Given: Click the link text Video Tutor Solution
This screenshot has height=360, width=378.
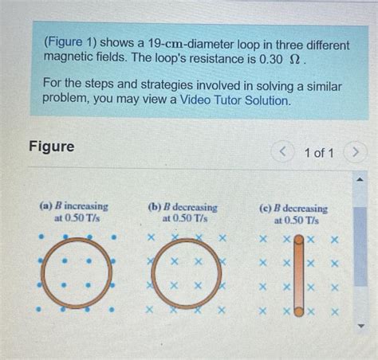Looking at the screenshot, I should [x=234, y=101].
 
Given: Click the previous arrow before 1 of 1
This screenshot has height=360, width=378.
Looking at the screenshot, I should [x=281, y=152].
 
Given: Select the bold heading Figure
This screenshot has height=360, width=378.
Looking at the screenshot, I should [x=51, y=147].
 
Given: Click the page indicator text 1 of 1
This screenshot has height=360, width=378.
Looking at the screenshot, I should [x=318, y=152].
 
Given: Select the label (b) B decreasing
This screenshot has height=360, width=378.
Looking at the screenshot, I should [x=183, y=206].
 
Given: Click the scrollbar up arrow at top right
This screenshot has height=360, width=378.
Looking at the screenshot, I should [x=360, y=180].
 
